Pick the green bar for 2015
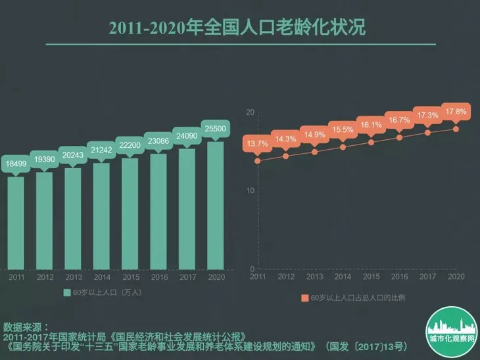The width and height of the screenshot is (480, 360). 130,214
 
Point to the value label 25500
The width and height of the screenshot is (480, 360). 215,128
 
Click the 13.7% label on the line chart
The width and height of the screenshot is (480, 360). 257,143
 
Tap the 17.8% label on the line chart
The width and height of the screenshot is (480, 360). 456,112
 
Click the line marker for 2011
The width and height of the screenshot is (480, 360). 257,160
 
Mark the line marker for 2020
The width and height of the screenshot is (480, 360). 456,128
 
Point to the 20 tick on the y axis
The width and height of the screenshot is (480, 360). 249,113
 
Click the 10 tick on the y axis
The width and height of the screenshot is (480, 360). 249,191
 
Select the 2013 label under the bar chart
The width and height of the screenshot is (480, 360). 73,277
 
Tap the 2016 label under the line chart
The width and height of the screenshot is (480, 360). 398,277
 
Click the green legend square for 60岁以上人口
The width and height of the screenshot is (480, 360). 67,292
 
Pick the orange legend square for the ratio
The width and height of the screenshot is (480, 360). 305,298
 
